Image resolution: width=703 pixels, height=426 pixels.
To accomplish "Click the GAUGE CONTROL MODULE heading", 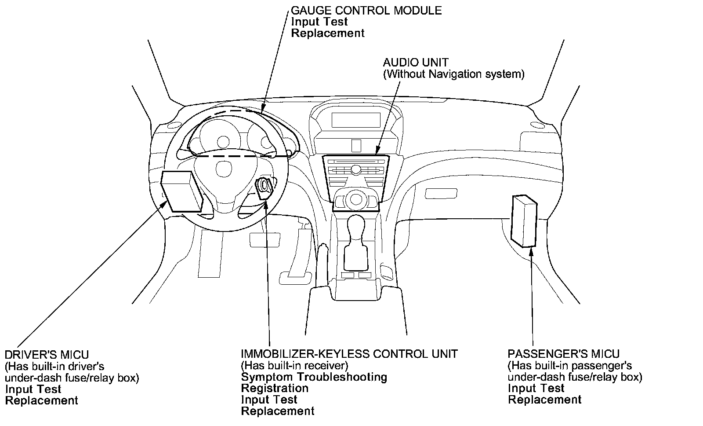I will coord(366,10).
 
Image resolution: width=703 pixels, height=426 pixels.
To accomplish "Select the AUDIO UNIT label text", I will coord(416,62).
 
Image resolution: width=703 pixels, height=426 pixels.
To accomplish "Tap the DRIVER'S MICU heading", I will coord(47,355).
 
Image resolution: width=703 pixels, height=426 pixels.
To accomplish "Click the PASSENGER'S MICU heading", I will coord(564,354).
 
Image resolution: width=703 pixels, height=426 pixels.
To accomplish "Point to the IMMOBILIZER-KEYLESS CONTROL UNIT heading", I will coord(349,354).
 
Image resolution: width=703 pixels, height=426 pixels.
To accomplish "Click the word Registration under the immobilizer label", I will coord(275,388).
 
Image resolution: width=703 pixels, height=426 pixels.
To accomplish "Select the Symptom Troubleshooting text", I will coord(314,377).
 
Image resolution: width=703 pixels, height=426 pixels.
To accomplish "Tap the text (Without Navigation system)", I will coord(453,74).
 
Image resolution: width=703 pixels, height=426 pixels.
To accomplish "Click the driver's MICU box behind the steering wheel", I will coord(181,191).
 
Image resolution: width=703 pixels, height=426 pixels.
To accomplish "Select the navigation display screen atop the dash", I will coord(356,120).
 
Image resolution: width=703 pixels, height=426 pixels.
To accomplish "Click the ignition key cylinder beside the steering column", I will coord(264,186).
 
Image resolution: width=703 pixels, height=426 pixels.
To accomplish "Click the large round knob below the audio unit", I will coord(355,199).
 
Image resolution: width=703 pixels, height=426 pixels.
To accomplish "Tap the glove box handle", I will coord(441,193).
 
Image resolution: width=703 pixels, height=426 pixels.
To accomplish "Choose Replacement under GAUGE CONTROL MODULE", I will coord(328,33).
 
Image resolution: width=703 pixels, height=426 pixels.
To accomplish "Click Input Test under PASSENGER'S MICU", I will coord(536,388).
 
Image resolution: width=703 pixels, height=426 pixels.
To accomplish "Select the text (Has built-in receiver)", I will coord(294,365).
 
